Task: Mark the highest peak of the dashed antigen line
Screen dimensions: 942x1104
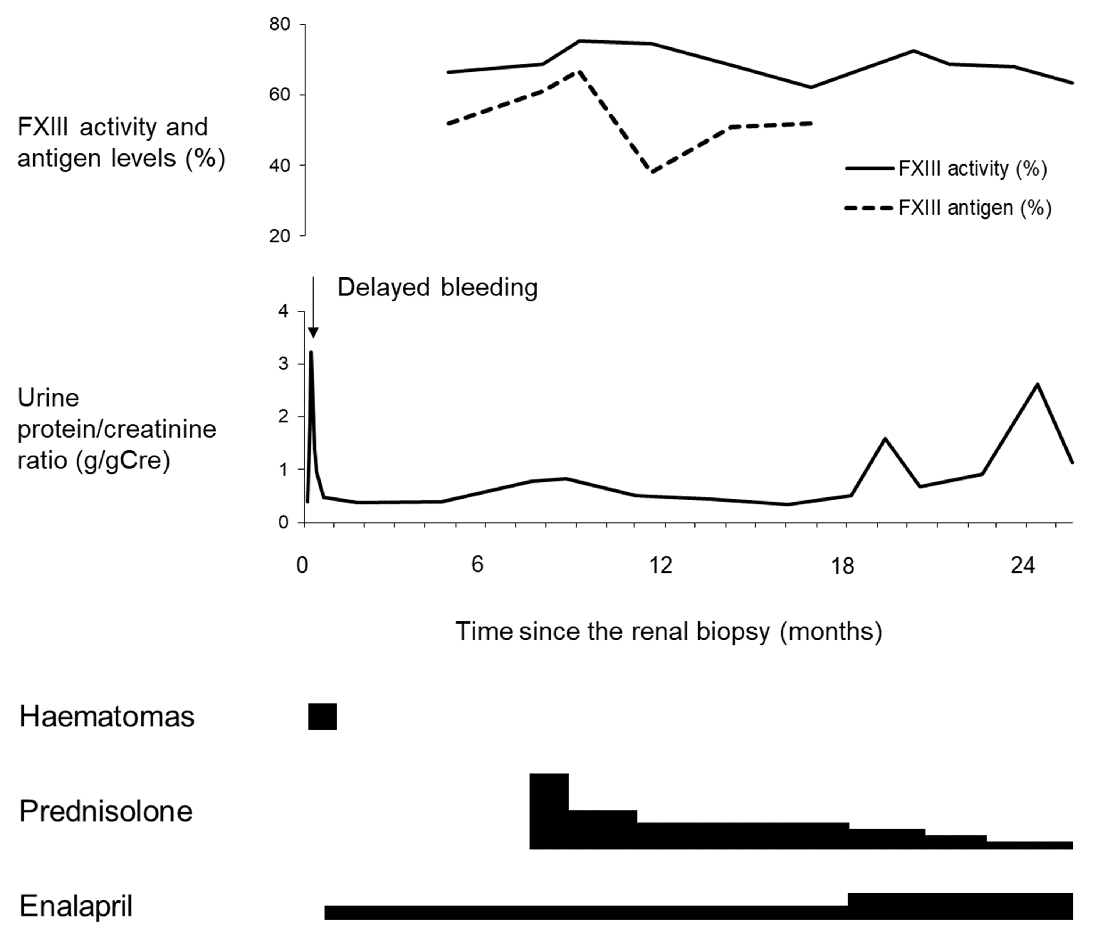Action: click(580, 71)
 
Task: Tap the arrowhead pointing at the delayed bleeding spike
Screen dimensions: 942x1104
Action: click(313, 333)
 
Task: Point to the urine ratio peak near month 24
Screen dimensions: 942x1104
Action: click(1037, 384)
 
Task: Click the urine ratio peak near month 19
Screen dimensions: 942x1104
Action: click(885, 439)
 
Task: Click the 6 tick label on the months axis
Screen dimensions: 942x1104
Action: click(477, 565)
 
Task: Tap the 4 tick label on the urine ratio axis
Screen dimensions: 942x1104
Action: click(283, 311)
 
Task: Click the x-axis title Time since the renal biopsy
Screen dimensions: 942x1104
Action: click(669, 632)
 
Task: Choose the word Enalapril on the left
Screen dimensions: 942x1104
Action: click(76, 906)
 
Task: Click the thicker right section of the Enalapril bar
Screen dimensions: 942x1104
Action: click(959, 906)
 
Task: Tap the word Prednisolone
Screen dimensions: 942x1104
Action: click(106, 811)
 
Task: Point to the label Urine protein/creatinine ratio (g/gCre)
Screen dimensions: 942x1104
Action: click(116, 429)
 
